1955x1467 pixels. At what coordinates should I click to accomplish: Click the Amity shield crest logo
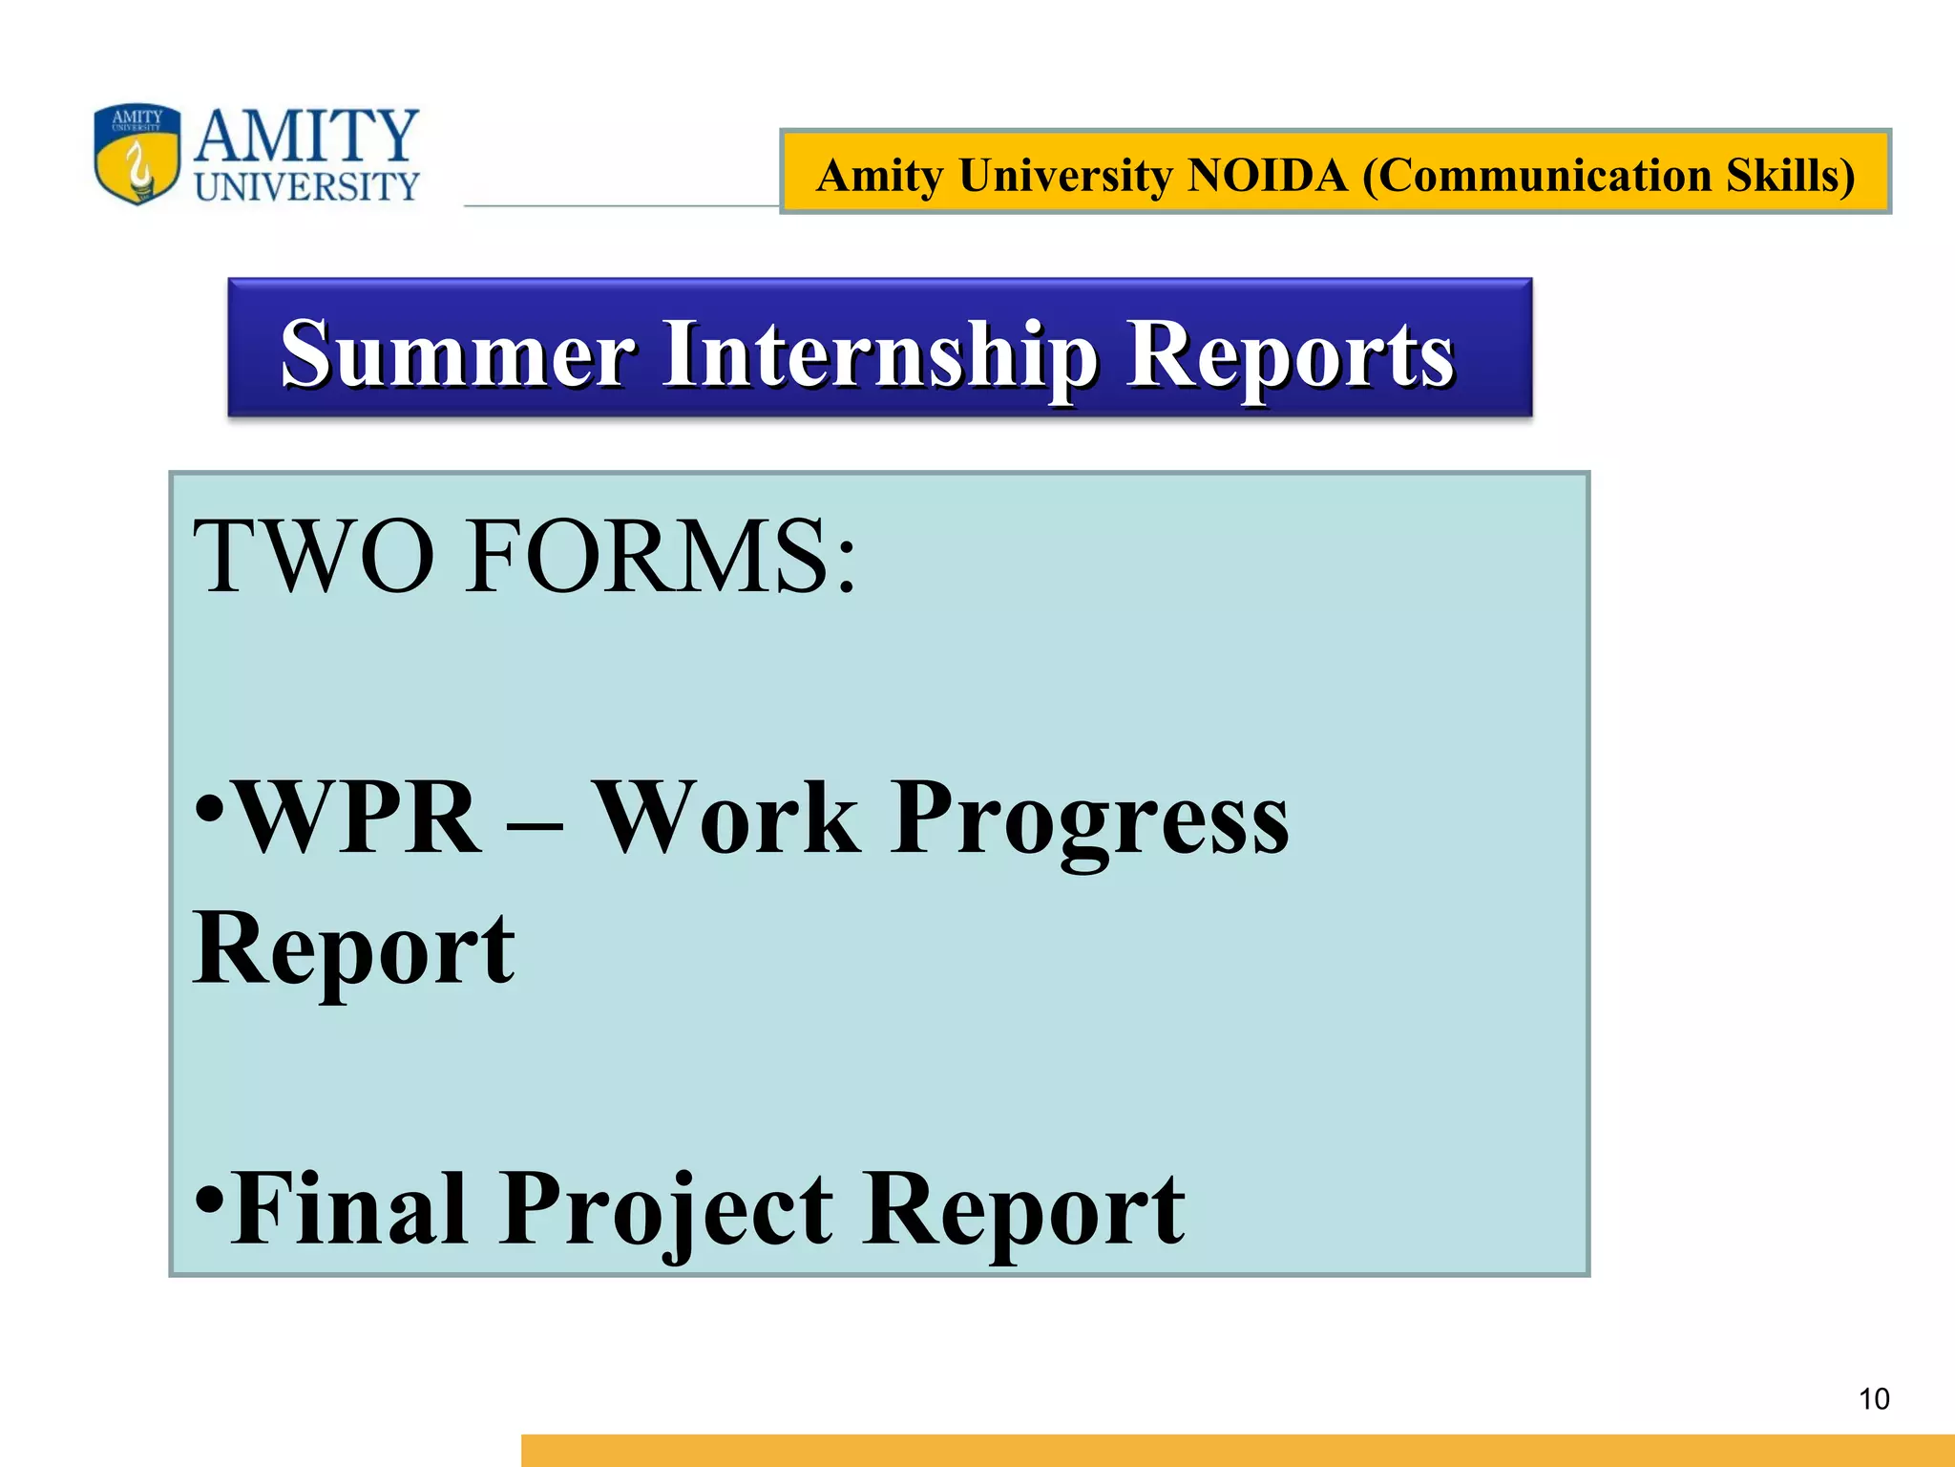click(137, 154)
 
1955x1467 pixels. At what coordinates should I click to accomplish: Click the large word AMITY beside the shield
click(306, 136)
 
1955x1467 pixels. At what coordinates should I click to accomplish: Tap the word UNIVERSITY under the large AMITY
click(306, 187)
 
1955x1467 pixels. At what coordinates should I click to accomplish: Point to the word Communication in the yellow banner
click(1537, 175)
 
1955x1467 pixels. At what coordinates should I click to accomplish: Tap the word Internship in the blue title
click(880, 355)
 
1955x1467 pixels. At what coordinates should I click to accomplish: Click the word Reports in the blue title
click(1290, 355)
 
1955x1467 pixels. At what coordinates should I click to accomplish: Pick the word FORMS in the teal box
click(649, 557)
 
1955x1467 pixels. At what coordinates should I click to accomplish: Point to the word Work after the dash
click(725, 818)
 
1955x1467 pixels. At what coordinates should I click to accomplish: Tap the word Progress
click(1089, 819)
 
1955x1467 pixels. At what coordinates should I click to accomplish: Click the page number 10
click(1874, 1399)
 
